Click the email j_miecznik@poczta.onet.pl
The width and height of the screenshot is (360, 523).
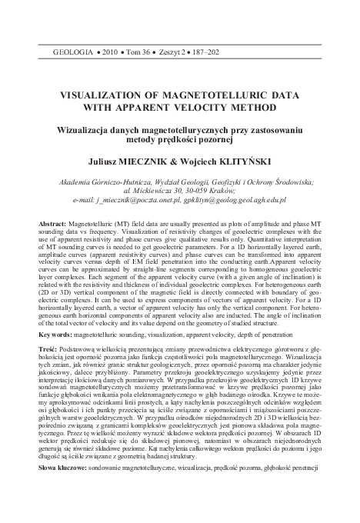tap(136, 200)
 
